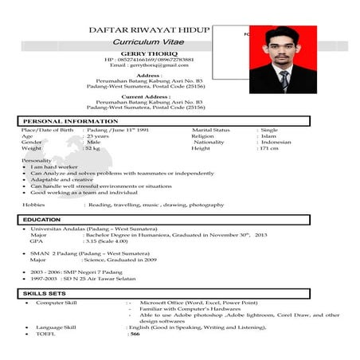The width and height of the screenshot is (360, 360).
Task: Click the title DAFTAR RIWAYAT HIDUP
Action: click(x=149, y=30)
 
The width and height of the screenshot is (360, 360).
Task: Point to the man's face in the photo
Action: click(x=283, y=49)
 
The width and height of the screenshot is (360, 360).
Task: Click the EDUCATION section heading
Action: click(x=42, y=219)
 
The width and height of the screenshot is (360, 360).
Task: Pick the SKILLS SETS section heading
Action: click(x=45, y=294)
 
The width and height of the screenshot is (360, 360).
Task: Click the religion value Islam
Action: click(x=268, y=136)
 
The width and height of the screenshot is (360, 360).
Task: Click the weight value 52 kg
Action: click(x=93, y=149)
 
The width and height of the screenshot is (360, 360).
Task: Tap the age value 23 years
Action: click(x=97, y=136)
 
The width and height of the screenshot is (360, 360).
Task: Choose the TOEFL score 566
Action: click(x=135, y=334)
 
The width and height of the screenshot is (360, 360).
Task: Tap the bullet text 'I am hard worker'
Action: click(x=53, y=166)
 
